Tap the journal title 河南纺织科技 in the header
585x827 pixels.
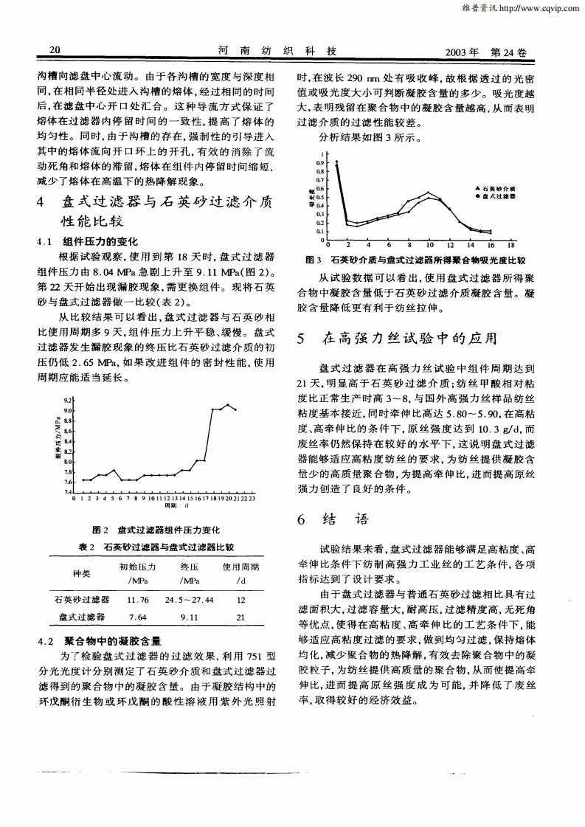click(277, 51)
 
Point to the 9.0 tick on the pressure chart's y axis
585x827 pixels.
click(67, 410)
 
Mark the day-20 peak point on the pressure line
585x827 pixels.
click(228, 404)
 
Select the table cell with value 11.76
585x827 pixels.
click(138, 600)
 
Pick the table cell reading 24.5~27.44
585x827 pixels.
click(190, 600)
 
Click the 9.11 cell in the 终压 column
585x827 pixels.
click(190, 617)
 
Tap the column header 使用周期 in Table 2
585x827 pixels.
click(240, 567)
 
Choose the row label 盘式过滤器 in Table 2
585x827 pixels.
click(82, 617)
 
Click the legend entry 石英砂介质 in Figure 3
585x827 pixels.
click(499, 190)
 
